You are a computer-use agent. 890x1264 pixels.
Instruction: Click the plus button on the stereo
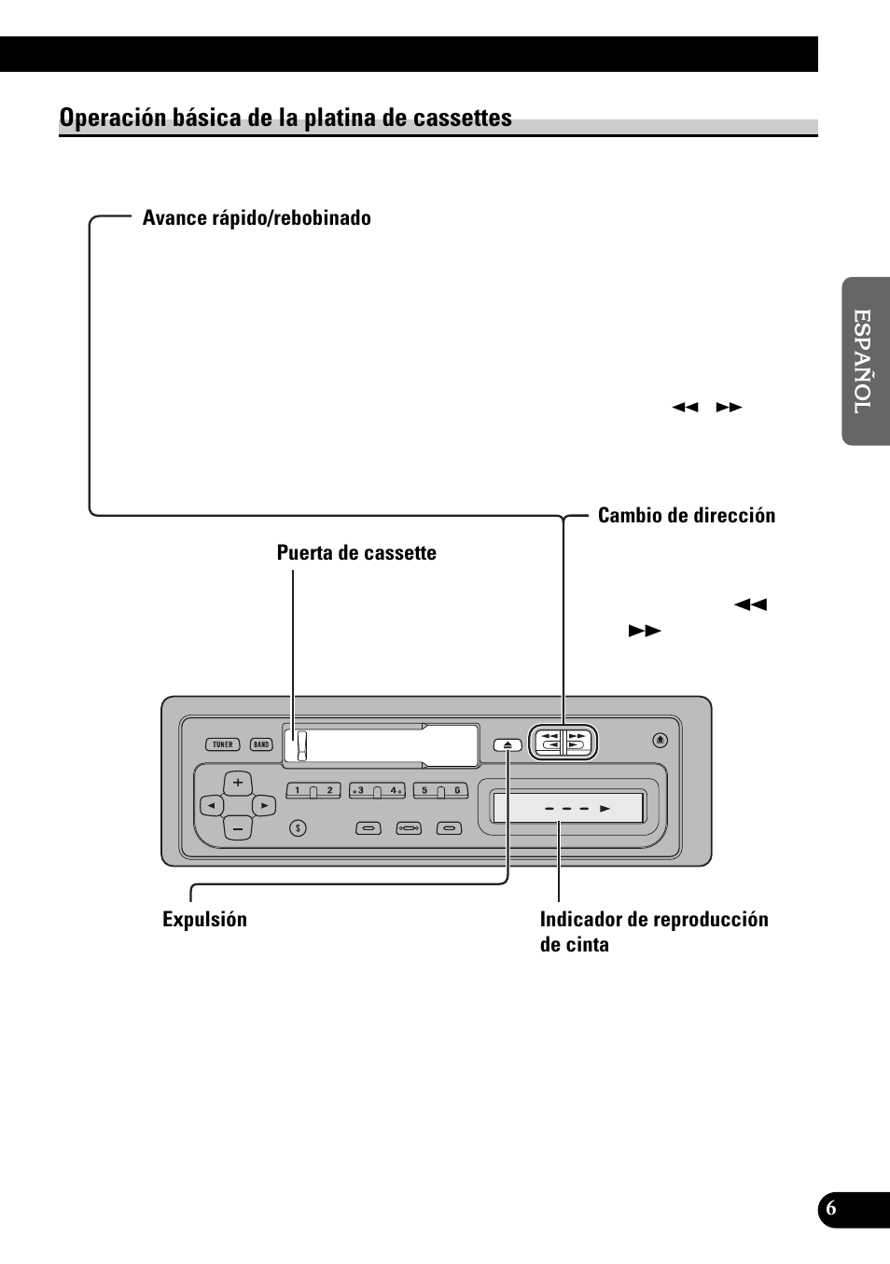coord(238,783)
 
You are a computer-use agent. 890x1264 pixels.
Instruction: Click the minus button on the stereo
coord(238,827)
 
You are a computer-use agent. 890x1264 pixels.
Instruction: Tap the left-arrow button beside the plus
coord(212,805)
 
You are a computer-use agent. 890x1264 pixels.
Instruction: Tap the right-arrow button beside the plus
coord(264,805)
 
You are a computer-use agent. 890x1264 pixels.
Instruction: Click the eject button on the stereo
coord(508,744)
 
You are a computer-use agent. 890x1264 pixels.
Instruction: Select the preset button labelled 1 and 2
coord(313,791)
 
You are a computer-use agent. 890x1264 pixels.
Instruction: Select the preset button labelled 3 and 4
coord(377,791)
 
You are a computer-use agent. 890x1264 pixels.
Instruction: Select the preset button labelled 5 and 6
coord(440,791)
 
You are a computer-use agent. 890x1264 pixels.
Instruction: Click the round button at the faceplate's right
coord(661,740)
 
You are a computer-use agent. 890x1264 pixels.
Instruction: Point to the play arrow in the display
coord(605,809)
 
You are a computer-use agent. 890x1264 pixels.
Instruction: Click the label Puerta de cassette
coord(356,553)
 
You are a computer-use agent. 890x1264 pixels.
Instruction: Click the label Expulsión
coord(204,920)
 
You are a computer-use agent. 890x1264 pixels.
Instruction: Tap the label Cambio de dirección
coord(686,516)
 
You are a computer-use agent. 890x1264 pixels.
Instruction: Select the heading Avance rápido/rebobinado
coord(257,218)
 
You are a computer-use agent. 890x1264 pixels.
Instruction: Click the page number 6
coord(831,1209)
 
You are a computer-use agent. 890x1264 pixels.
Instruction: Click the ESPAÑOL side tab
coord(865,361)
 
